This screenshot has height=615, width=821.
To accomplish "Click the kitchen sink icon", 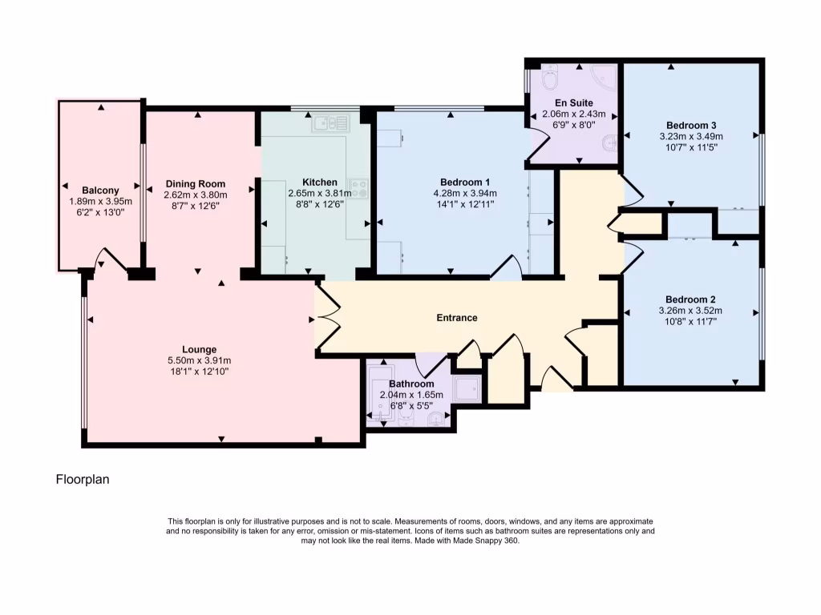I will pos(331,123).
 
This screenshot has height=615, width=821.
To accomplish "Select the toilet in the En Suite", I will pos(551,81).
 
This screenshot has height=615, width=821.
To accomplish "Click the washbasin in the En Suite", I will pos(609,145).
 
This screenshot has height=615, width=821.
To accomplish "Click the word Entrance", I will pos(456,318).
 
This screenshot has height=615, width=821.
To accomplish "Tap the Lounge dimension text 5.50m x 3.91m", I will pos(199,361).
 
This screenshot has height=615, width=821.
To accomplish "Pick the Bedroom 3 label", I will pos(690,125).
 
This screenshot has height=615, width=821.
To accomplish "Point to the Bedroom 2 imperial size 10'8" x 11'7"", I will pos(690,322).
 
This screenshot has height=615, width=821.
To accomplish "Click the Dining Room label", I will pos(195,183).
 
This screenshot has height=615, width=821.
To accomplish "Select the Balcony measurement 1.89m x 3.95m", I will pos(100,202).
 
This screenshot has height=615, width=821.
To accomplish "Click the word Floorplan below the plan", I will pos(82,480).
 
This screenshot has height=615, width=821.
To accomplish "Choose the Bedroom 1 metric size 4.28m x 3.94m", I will pos(465,193).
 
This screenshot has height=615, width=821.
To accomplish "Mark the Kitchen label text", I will pos(319,182).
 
